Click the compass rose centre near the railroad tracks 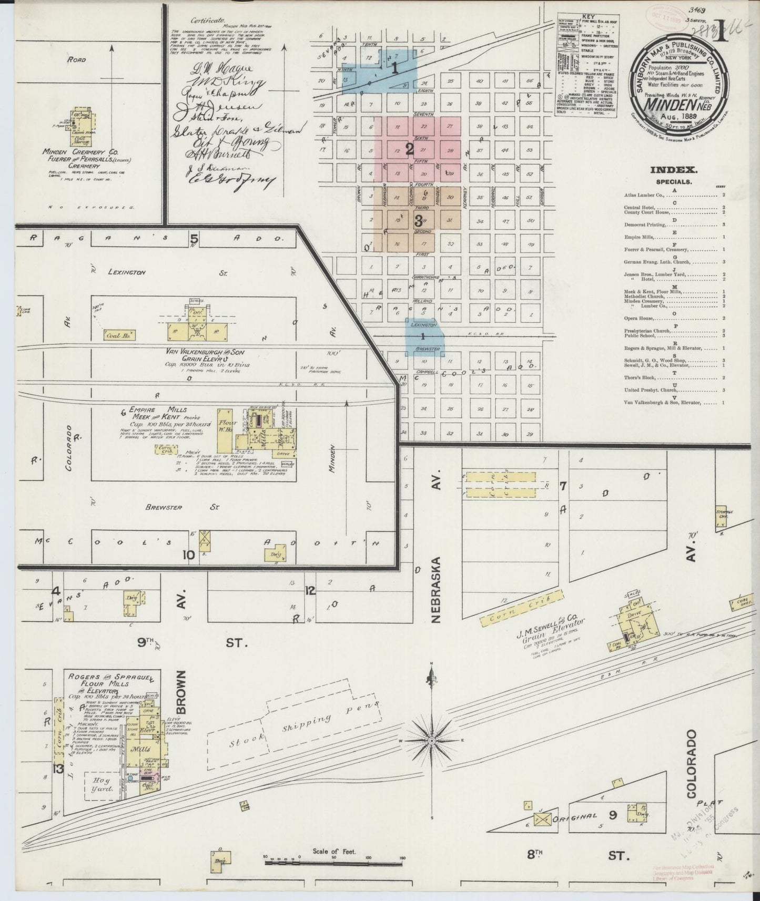pyautogui.click(x=431, y=741)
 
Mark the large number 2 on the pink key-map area pyautogui.click(x=410, y=150)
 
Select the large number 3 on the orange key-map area pyautogui.click(x=418, y=219)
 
